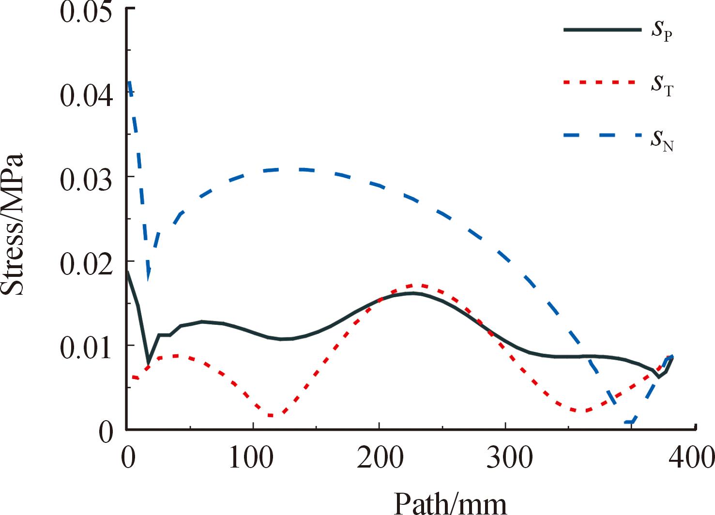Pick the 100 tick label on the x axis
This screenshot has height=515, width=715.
253,457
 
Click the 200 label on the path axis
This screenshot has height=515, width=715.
380,457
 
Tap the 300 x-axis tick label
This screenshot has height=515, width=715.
506,457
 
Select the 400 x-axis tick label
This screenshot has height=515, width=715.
690,457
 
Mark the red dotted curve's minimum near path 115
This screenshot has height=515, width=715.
272,415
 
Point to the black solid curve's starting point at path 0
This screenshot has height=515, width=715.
127,272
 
